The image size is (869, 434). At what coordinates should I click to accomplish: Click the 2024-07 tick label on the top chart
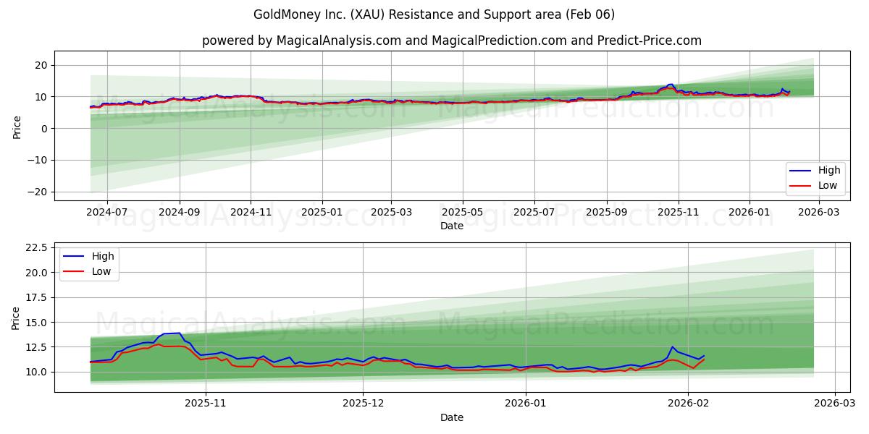(x=106, y=213)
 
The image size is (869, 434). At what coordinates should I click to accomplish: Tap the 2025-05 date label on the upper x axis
(x=462, y=213)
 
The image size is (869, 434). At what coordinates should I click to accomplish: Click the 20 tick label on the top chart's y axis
(x=41, y=65)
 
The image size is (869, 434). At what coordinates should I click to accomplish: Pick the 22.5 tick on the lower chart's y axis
(x=35, y=247)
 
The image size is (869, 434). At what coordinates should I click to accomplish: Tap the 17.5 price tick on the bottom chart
(x=35, y=297)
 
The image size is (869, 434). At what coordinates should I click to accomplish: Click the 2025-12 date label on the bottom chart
(x=363, y=404)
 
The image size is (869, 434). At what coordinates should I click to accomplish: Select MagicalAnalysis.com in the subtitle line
(x=339, y=41)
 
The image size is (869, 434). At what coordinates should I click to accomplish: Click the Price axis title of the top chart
(x=17, y=128)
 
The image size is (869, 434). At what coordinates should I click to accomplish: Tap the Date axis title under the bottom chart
(x=451, y=417)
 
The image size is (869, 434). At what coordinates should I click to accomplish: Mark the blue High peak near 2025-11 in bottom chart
(x=179, y=333)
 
